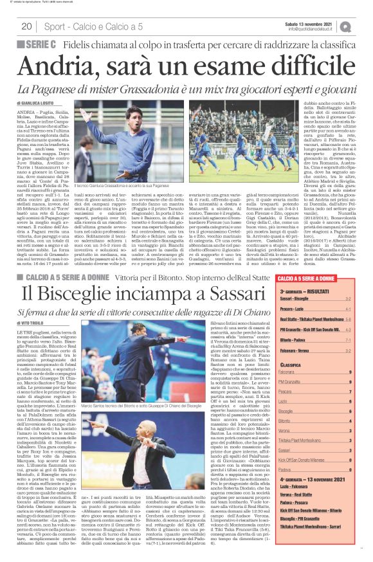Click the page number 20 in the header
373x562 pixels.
(26, 26)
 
